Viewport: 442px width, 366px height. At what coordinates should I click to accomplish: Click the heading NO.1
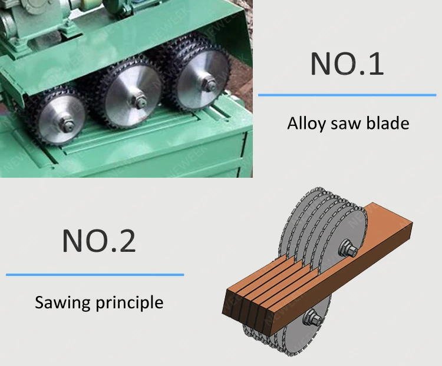[347, 64]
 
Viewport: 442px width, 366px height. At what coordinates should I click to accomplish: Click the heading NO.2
[99, 241]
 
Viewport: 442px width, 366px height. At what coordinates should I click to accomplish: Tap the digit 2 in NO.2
[127, 241]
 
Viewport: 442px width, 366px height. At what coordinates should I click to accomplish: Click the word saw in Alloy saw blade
[346, 124]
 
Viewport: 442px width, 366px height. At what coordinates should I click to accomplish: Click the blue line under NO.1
[347, 94]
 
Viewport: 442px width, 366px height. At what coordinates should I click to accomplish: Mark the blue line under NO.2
[95, 274]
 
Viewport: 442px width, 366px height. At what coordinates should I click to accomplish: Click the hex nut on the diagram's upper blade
[348, 249]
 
